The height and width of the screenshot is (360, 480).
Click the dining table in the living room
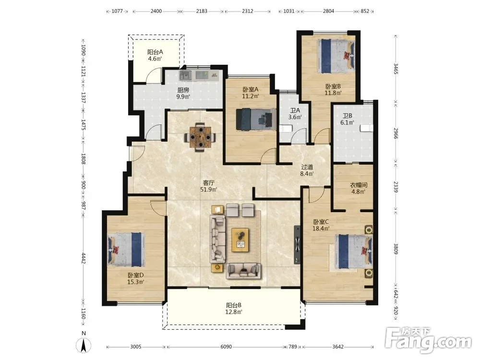201,137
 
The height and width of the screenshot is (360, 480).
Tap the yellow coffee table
240,240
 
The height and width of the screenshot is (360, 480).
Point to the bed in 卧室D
126,249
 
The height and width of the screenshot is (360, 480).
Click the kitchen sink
185,75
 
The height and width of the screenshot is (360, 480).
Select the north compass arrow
84,346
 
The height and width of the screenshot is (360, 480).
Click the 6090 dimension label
226,347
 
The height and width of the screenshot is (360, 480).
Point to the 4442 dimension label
83,258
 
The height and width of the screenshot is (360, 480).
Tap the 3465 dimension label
396,69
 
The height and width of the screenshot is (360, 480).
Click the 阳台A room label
155,52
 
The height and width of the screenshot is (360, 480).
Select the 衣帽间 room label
359,185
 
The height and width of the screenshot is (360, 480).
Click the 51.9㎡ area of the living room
209,190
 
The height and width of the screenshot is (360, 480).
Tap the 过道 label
307,167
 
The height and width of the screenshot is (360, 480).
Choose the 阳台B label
234,305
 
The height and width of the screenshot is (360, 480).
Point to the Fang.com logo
428,339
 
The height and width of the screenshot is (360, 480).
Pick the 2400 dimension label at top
156,11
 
